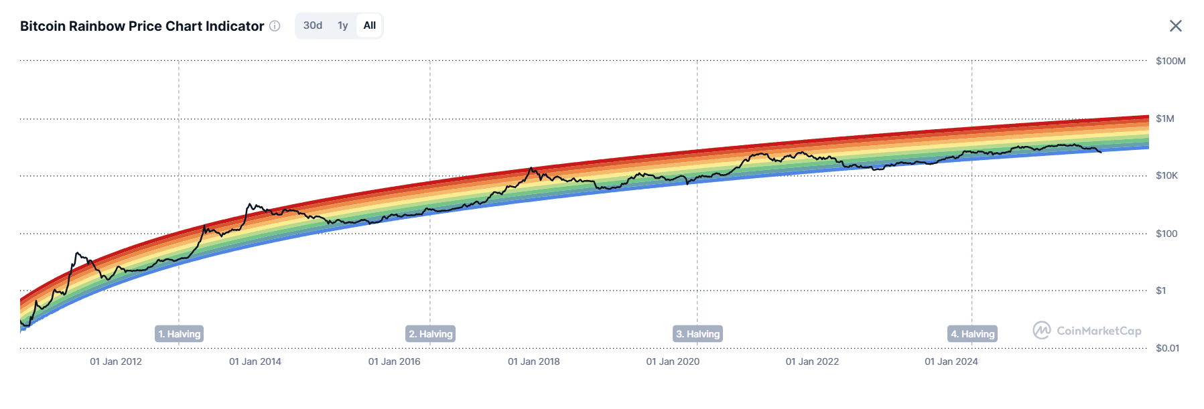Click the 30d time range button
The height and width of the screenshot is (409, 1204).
point(312,25)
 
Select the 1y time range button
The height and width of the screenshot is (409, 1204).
point(342,25)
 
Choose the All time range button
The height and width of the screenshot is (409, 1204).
point(369,25)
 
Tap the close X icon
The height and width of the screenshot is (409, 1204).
point(1175,26)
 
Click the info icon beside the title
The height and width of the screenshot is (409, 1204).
point(275,26)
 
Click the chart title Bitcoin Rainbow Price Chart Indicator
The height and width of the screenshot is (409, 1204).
point(142,26)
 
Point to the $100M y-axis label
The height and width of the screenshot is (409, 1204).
point(1170,61)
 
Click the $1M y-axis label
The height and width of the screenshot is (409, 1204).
point(1164,118)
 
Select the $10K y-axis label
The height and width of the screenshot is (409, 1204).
point(1166,175)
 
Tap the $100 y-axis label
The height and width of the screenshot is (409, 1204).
point(1166,234)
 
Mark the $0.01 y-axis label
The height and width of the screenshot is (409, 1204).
point(1167,348)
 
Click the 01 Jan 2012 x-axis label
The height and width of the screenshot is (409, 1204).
point(116,361)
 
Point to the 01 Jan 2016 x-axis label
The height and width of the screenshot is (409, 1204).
point(394,361)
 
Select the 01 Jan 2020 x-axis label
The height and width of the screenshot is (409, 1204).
point(673,361)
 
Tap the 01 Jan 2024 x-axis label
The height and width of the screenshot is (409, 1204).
point(951,361)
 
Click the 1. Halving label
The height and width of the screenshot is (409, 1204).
point(179,334)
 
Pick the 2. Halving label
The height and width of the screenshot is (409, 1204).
point(431,334)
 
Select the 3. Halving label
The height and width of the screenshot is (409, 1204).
point(697,334)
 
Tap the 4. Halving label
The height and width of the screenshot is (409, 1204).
point(972,334)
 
